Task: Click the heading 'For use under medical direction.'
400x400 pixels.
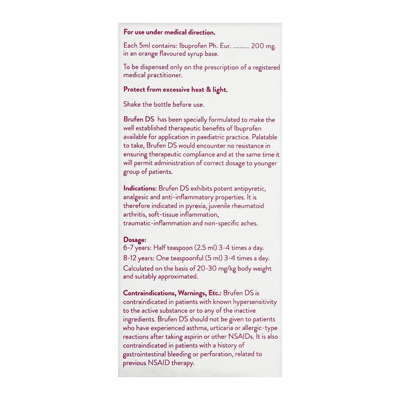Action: pos(169,32)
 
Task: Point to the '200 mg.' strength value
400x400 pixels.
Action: pos(264,46)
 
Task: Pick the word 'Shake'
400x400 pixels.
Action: pos(132,104)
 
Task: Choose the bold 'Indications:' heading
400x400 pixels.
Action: pos(140,188)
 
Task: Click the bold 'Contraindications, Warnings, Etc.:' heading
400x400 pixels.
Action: pos(172,293)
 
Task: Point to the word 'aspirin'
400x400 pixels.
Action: pos(189,337)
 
